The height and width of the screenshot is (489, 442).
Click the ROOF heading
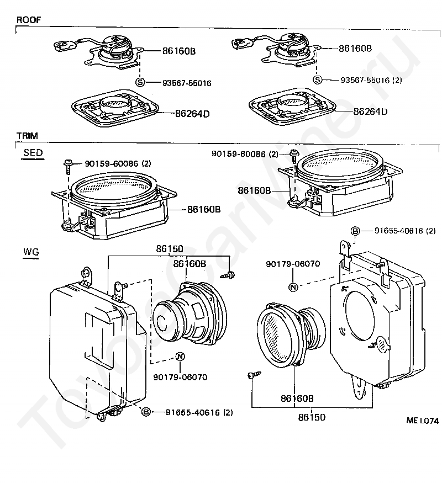click(28, 20)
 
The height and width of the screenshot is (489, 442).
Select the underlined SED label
click(33, 153)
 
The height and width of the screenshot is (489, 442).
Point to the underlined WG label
click(31, 252)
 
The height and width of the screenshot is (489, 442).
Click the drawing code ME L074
click(423, 420)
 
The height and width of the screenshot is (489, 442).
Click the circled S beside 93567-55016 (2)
click(317, 79)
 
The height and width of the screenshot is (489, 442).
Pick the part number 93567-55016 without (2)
click(187, 83)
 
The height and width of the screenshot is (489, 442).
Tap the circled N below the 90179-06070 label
click(293, 286)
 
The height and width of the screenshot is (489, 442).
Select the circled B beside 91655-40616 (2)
click(355, 230)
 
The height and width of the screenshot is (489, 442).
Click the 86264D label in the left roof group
click(192, 114)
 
